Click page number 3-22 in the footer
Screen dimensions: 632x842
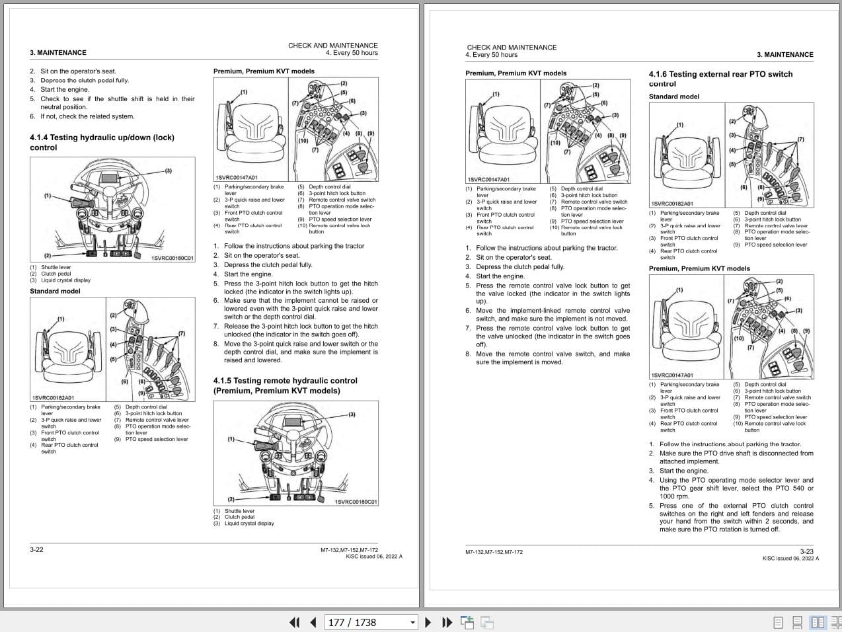(36, 549)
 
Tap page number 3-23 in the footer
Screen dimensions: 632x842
(806, 551)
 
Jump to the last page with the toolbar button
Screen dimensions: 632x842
(447, 622)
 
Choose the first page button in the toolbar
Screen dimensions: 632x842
(295, 622)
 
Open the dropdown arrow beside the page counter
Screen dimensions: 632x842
(413, 622)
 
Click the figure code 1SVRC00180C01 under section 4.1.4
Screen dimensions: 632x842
(172, 258)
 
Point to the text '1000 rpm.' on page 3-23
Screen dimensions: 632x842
(674, 496)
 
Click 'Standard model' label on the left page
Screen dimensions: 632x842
(55, 291)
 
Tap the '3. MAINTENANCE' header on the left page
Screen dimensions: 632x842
(58, 53)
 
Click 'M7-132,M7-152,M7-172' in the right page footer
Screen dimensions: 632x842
(494, 552)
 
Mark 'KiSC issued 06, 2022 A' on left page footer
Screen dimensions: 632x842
(373, 557)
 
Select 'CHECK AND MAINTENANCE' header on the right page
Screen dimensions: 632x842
(512, 48)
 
